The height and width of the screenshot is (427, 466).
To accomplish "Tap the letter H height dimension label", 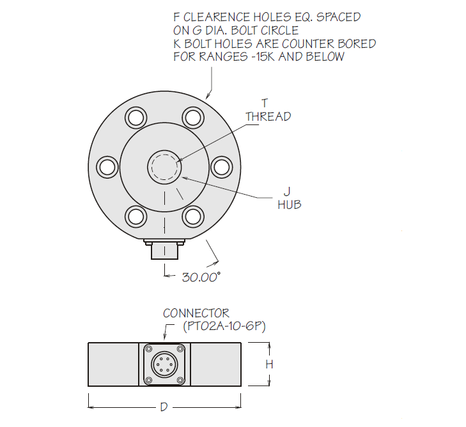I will coord(269,364).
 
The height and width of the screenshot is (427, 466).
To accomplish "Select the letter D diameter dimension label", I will coord(164,407).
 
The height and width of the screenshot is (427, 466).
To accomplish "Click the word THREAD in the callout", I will coord(268,116).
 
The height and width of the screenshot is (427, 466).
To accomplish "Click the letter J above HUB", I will coord(287,191).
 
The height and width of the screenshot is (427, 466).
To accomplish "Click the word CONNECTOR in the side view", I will coord(196,313).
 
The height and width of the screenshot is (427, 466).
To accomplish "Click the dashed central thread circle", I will coord(164,167).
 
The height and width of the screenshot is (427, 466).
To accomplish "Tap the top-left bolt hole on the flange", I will coord(136,117).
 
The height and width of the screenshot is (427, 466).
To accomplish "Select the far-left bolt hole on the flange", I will coord(107,167).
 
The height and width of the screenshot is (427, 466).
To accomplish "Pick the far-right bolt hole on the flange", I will coord(221,167).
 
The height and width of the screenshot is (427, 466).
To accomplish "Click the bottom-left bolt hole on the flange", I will coord(136,216).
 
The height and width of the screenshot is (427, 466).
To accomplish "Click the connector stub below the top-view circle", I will coord(164,250).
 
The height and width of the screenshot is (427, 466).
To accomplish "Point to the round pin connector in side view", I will coord(164,364).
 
